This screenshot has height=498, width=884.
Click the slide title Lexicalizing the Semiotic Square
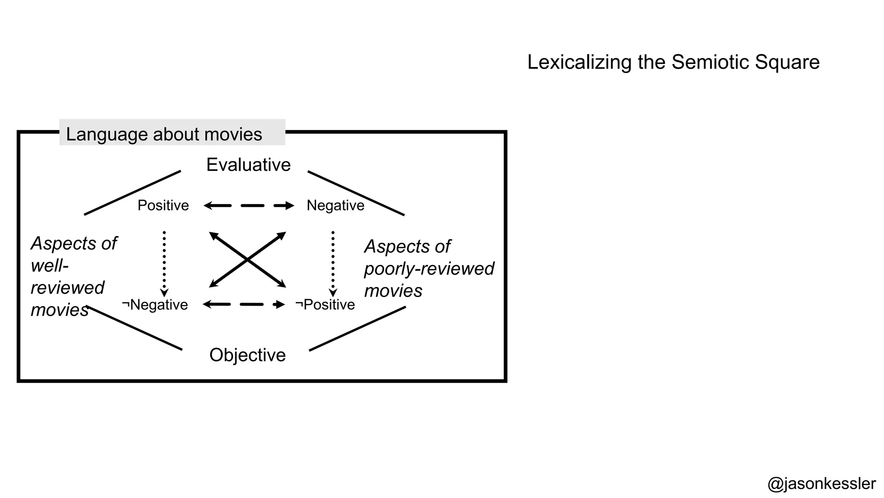tap(673, 62)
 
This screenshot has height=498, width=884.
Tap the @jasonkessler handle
tap(821, 484)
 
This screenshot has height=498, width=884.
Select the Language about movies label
tap(164, 134)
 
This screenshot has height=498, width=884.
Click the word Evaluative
tap(249, 165)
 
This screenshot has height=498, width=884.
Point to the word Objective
tap(247, 355)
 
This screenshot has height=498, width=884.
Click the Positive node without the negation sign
tap(163, 205)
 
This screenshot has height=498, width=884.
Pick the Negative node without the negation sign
tap(335, 205)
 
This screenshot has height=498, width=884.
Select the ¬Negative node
tap(155, 305)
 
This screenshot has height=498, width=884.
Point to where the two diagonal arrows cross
tap(247, 259)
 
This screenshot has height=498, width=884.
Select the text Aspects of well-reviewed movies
tap(69, 277)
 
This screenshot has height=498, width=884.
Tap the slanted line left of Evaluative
tap(133, 193)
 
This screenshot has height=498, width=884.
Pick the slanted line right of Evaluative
tap(356, 193)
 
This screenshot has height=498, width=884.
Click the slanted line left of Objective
tap(135, 328)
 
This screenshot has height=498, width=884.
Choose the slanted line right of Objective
tap(357, 329)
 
